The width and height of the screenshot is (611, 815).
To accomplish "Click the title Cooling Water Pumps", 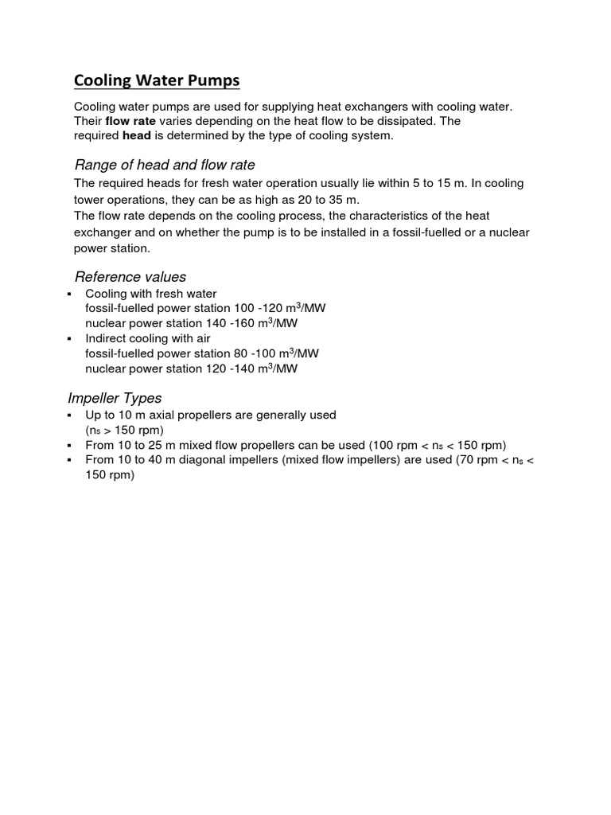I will [x=157, y=81].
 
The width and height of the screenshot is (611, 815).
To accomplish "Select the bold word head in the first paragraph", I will [x=137, y=135].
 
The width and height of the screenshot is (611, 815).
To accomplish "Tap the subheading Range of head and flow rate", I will [x=165, y=165].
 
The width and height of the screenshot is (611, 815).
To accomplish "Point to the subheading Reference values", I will [x=130, y=276].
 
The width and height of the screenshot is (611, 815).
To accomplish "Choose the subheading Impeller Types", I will [x=118, y=397].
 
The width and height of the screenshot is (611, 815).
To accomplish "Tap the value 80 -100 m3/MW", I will [x=273, y=353].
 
